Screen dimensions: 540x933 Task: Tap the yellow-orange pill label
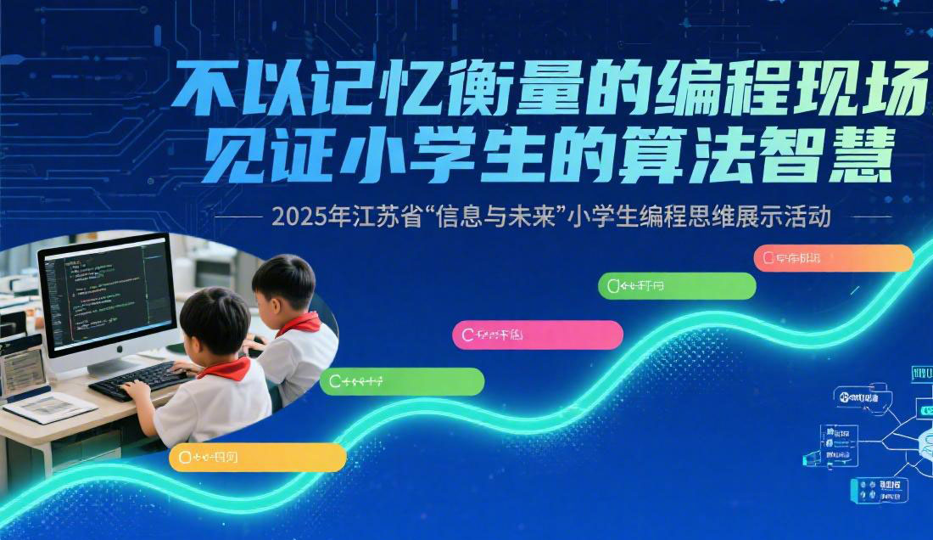pos(258,457)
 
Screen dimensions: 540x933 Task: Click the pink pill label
pos(538,335)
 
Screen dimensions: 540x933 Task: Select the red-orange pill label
pos(833,257)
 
